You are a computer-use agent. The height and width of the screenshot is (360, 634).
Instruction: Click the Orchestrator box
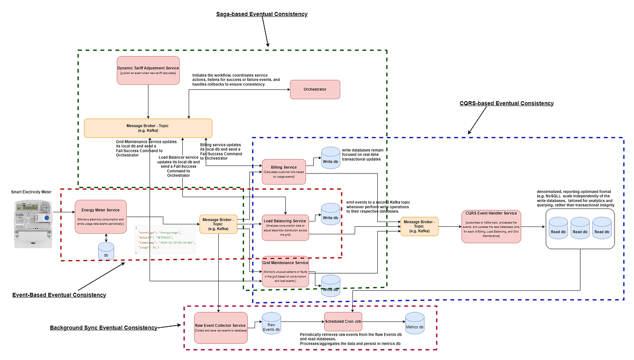[315, 89]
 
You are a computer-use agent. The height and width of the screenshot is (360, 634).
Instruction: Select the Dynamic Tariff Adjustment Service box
[148, 70]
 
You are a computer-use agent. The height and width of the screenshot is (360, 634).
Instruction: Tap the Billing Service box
[284, 171]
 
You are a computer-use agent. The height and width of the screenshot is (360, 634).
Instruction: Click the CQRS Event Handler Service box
[491, 226]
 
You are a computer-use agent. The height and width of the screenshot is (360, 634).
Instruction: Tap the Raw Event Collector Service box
[220, 327]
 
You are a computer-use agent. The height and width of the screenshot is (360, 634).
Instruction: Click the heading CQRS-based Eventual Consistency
[506, 104]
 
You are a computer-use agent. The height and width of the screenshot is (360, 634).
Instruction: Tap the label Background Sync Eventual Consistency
[104, 328]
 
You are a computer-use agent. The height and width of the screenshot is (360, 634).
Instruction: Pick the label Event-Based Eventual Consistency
[59, 294]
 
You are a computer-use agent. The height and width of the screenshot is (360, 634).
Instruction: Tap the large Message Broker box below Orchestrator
[148, 128]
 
